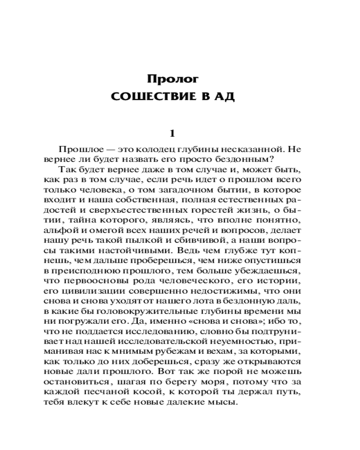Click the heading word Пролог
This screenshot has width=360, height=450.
click(173, 79)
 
